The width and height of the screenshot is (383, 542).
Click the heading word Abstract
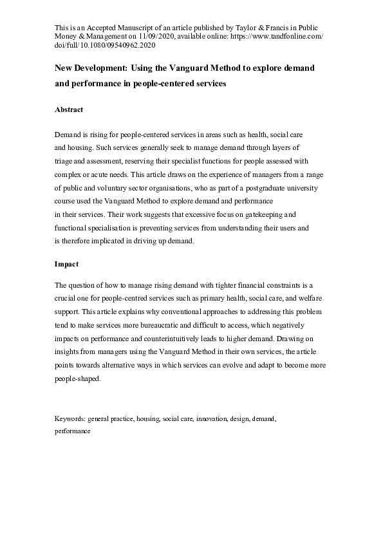pyautogui.click(x=69, y=109)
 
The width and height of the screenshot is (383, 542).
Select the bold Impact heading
pyautogui.click(x=66, y=264)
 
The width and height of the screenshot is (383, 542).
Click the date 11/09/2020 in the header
pyautogui.click(x=156, y=38)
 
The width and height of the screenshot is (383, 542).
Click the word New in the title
pyautogui.click(x=64, y=68)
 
